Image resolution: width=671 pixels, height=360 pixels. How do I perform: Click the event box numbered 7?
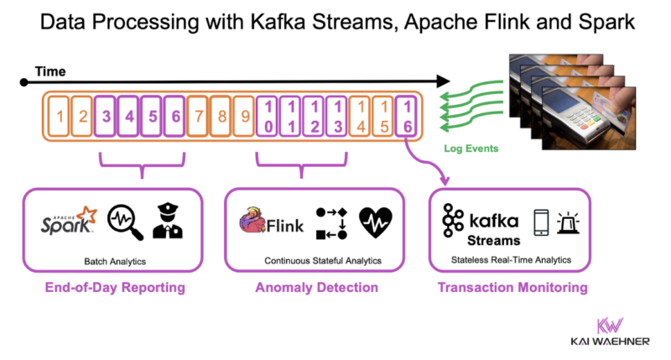click(x=198, y=118)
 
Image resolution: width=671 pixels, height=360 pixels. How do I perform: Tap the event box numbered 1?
click(x=59, y=118)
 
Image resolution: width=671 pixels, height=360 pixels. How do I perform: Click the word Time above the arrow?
click(x=49, y=73)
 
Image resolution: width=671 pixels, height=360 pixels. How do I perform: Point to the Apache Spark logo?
click(x=70, y=222)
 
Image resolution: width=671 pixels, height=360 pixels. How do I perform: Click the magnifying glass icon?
click(x=123, y=223)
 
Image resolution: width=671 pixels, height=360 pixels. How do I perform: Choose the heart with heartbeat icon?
click(x=375, y=222)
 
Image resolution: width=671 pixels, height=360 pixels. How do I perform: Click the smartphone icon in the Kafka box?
click(x=543, y=222)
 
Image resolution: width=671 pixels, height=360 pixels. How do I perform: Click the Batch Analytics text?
click(x=115, y=262)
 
